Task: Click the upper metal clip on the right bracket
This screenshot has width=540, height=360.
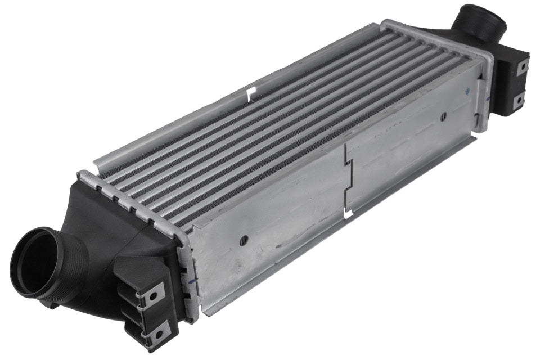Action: [523, 66]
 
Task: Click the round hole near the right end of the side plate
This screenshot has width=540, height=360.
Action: [443, 116]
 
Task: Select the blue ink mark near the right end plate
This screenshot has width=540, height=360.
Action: [469, 88]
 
